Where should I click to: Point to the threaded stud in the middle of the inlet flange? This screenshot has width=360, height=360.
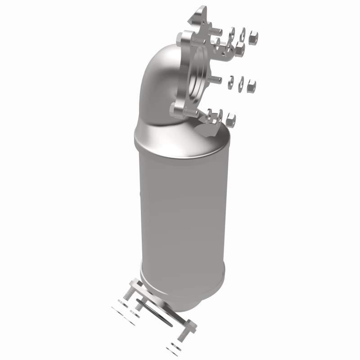(x=216, y=80)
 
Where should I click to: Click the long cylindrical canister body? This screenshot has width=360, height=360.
(x=180, y=211)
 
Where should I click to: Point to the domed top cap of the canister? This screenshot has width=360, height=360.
(x=180, y=139)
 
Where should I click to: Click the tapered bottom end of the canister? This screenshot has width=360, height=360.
(x=189, y=288)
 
